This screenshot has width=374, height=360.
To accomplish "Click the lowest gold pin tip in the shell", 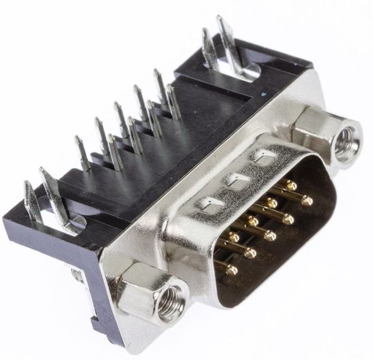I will [x=232, y=269].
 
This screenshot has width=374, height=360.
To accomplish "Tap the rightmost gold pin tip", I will [x=307, y=201].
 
